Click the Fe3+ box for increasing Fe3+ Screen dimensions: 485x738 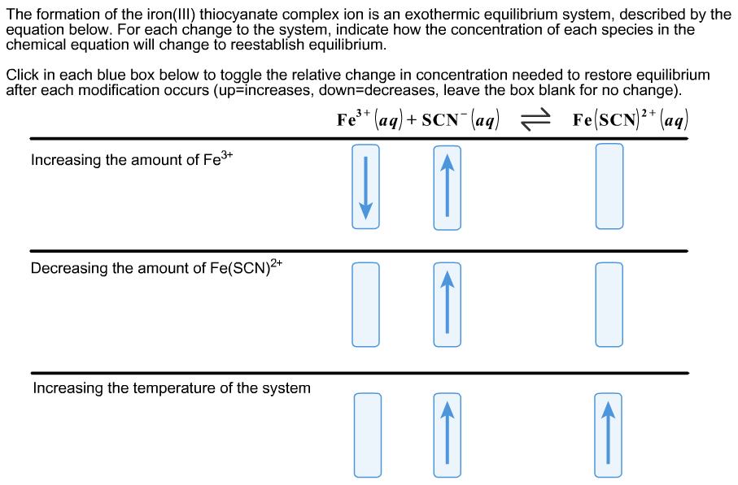pyautogui.click(x=365, y=187)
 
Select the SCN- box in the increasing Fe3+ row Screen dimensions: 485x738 pyautogui.click(x=447, y=187)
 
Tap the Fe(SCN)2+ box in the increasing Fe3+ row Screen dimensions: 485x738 pyautogui.click(x=609, y=187)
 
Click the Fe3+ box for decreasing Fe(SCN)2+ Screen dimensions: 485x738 pyautogui.click(x=365, y=305)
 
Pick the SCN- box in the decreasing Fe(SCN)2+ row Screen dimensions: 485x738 pyautogui.click(x=447, y=305)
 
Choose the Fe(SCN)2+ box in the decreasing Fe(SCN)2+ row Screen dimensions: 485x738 pyautogui.click(x=609, y=305)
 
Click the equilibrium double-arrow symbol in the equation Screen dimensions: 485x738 pyautogui.click(x=535, y=121)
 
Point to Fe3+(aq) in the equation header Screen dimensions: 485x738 pyautogui.click(x=369, y=120)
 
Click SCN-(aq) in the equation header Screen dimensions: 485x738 pyautogui.click(x=461, y=120)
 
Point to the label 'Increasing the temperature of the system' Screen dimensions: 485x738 pyautogui.click(x=171, y=388)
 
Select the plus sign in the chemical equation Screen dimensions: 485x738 pyautogui.click(x=413, y=121)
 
